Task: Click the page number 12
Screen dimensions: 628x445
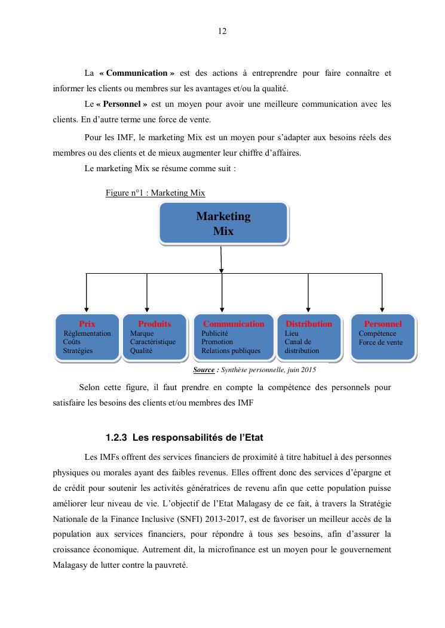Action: (x=222, y=32)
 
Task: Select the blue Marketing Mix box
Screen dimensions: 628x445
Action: (x=223, y=224)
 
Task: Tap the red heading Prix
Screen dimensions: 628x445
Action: (x=87, y=324)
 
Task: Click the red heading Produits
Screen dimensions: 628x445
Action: (x=154, y=324)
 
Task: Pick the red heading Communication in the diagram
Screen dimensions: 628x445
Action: (x=233, y=324)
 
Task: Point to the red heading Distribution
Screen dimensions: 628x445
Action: (x=308, y=324)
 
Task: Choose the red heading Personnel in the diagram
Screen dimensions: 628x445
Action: (x=383, y=324)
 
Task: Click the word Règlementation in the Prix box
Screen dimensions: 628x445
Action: (x=87, y=333)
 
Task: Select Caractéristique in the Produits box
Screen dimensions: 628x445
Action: (x=153, y=342)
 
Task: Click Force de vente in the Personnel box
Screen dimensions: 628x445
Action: (x=380, y=342)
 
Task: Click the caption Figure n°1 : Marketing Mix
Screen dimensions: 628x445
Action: (x=155, y=193)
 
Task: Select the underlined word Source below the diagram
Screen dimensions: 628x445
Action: (x=204, y=370)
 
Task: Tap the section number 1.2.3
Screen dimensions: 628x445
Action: (x=116, y=438)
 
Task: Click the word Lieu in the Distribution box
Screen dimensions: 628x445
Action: (x=291, y=333)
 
